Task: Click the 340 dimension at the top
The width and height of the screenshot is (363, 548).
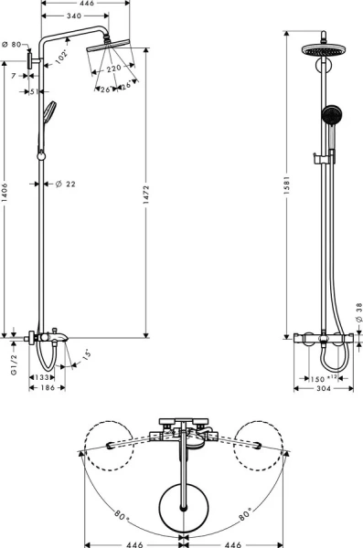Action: [x=73, y=16]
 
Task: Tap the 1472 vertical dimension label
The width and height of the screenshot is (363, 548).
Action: [x=146, y=193]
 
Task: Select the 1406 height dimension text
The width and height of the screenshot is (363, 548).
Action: [x=5, y=193]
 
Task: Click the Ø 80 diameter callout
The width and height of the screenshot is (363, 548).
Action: [x=11, y=45]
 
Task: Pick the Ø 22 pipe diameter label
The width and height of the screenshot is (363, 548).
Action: [x=66, y=184]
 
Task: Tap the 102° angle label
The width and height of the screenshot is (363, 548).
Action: [x=61, y=57]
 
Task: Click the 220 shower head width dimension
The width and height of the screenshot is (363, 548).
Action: [x=113, y=68]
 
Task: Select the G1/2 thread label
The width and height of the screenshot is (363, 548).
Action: [x=14, y=364]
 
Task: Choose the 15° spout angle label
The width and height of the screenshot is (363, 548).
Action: [x=87, y=355]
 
